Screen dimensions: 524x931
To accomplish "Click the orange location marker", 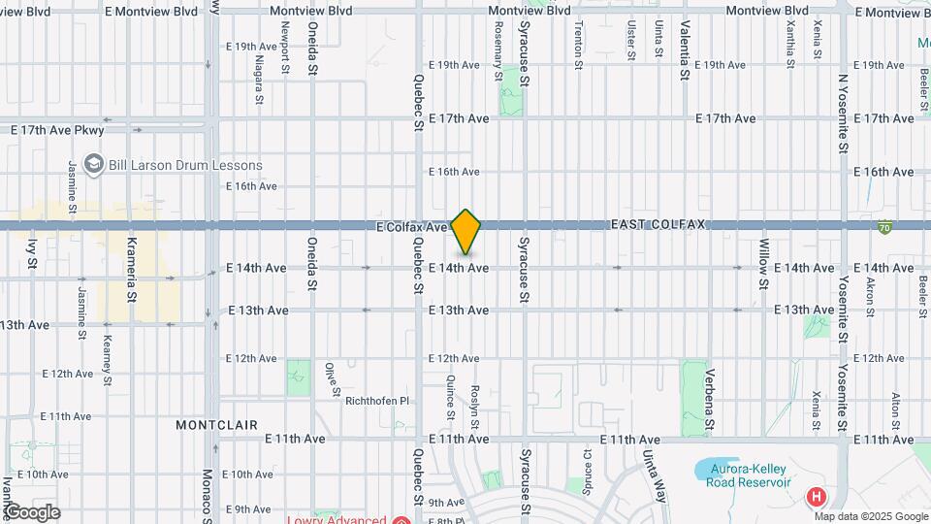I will [466, 232].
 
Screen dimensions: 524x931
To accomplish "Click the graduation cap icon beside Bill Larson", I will [93, 164].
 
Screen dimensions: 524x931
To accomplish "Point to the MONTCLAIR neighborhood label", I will [216, 425].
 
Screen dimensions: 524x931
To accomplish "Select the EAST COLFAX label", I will [658, 224].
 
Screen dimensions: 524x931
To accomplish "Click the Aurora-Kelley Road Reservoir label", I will [743, 475].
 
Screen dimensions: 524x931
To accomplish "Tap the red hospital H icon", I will [817, 498].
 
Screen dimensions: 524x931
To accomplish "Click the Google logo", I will [31, 511].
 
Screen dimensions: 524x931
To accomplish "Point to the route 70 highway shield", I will [884, 228].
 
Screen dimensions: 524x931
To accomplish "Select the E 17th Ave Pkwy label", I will [70, 129].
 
